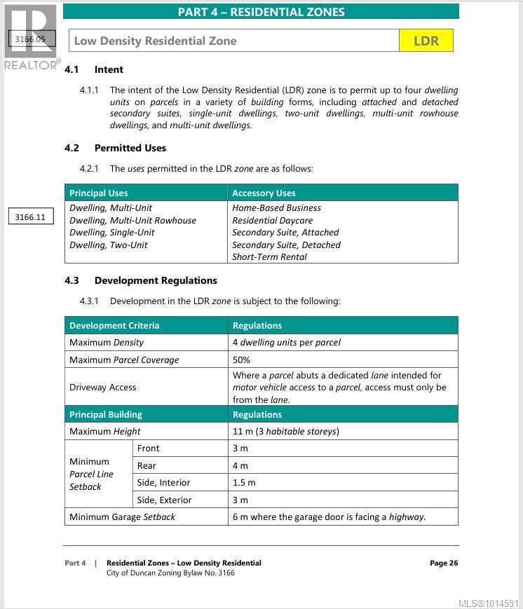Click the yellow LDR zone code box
tap(426, 41)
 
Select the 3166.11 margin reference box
tap(30, 217)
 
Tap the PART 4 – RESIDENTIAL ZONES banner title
tap(261, 12)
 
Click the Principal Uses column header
tap(99, 193)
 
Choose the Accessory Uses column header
tap(264, 193)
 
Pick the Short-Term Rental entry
tap(269, 256)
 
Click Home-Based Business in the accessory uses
tap(276, 208)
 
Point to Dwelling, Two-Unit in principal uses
tap(109, 245)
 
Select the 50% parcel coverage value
tap(241, 360)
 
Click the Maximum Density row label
tap(107, 343)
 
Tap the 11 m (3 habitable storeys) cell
tap(285, 431)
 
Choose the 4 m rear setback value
tap(240, 465)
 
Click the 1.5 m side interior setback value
tap(244, 483)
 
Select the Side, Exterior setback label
tap(164, 500)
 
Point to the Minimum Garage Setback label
tap(122, 517)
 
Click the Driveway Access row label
tap(103, 387)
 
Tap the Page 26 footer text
tap(443, 563)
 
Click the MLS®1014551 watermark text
tap(488, 603)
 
